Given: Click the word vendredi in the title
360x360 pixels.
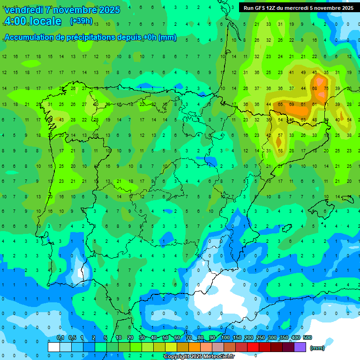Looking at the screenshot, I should pos(23,10).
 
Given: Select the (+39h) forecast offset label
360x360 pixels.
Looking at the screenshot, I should pos(81,21).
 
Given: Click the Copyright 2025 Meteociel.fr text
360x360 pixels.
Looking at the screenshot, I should pos(199,357).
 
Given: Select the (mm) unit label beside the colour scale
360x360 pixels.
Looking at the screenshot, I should pos(317,348).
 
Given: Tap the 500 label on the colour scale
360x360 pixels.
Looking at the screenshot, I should pos(307,337).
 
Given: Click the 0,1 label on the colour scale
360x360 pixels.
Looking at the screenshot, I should pos(60,337).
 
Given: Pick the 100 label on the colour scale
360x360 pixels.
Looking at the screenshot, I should pos(225,337).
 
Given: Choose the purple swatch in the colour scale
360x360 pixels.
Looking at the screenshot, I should pos(300,347).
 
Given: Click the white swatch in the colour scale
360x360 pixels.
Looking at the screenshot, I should pos(54,347).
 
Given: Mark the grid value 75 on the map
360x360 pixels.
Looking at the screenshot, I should pos(326,88).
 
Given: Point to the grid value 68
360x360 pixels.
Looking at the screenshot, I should pos(315,88).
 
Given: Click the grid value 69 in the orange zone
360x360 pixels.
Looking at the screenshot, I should pos(292,104).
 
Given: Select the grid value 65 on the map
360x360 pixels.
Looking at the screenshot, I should pos(280,104).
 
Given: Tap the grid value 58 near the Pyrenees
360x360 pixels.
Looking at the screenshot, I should pos(280,150).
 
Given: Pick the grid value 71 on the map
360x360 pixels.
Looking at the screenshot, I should pos(326,104).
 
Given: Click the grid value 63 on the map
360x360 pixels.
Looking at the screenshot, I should pos(303,120).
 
